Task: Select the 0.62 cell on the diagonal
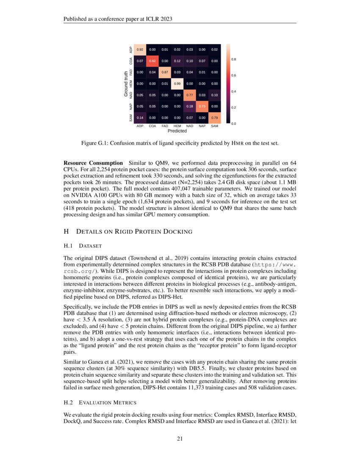[x=152, y=61]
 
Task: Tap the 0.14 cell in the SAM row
[x=140, y=117]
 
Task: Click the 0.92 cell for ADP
[x=140, y=50]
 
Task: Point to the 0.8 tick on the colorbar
[x=233, y=60]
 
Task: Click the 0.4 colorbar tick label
[x=233, y=92]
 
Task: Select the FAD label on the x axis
[x=165, y=126]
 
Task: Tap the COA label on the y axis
[x=130, y=62]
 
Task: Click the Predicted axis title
[x=177, y=131]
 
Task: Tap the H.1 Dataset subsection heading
[x=83, y=246]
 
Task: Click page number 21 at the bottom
[x=180, y=439]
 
